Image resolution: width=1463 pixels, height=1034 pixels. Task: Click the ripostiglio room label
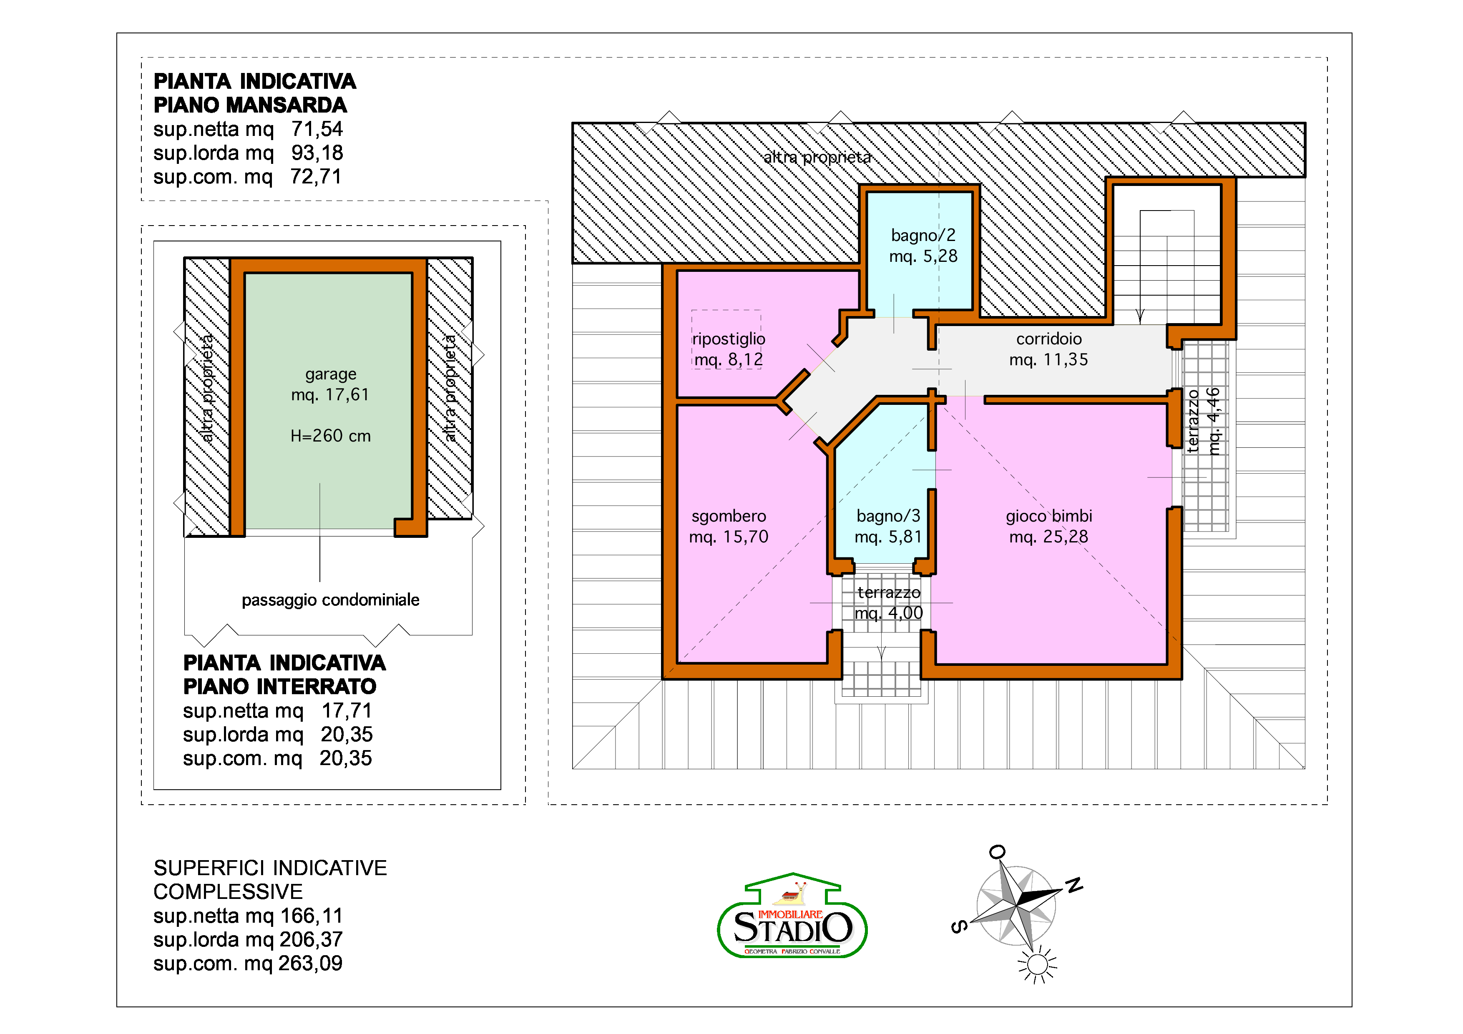click(x=728, y=339)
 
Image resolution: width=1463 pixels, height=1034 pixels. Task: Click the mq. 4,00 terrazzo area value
click(x=888, y=613)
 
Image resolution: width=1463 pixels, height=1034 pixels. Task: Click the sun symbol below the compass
click(x=1037, y=964)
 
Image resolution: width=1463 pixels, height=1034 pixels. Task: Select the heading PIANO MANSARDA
click(x=250, y=105)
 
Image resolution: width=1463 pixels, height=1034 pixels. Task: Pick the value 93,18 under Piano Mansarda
click(x=317, y=153)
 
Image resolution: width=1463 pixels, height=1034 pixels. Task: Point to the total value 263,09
click(x=310, y=963)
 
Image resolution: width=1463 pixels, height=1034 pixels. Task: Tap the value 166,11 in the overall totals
click(x=312, y=916)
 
